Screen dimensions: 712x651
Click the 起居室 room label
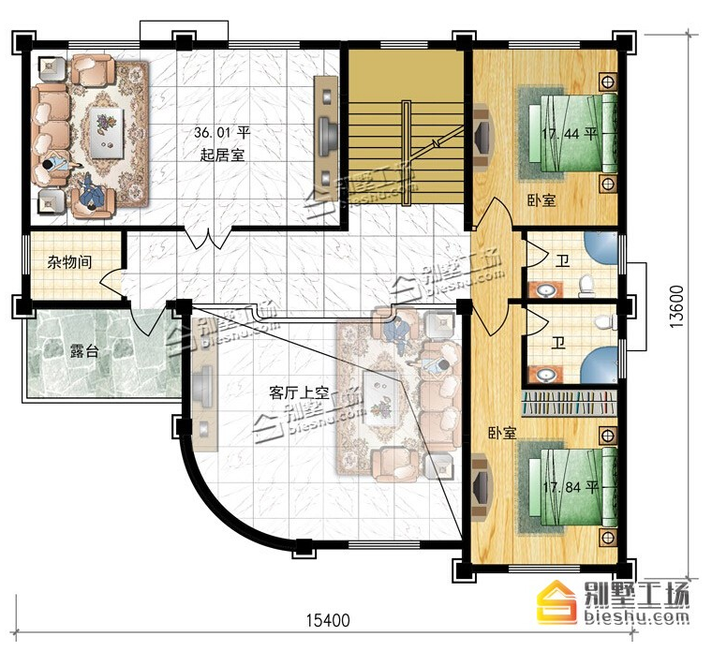click(x=222, y=155)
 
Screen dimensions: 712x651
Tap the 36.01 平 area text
click(x=222, y=133)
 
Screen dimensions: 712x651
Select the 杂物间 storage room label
click(x=69, y=262)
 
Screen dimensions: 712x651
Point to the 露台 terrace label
click(x=83, y=351)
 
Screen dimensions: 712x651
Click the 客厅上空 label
click(x=298, y=392)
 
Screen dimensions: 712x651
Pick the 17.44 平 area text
click(x=569, y=134)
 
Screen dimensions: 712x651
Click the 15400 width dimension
click(x=328, y=620)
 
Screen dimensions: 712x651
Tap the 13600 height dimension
click(x=676, y=307)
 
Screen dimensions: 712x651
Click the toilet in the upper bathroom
click(x=586, y=285)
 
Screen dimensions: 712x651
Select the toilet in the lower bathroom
click(x=604, y=321)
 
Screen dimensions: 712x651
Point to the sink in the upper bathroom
click(x=545, y=289)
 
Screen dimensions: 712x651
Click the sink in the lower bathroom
click(x=545, y=376)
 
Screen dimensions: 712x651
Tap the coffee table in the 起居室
click(x=107, y=133)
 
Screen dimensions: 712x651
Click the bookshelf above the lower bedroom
click(x=571, y=403)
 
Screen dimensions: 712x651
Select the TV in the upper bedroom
click(x=482, y=134)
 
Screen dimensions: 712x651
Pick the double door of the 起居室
click(x=208, y=237)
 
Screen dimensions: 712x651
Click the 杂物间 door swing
click(x=111, y=282)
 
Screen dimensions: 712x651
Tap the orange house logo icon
click(x=556, y=601)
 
